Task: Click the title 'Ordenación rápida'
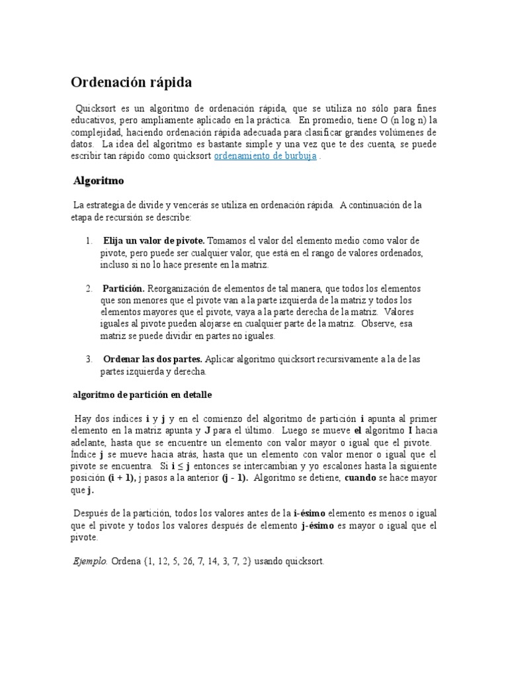[x=132, y=83]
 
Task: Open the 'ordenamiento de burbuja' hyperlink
[x=266, y=156]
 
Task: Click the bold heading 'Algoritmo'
[x=98, y=180]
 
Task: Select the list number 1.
[x=88, y=240]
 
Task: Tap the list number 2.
[x=88, y=289]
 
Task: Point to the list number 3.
[x=88, y=359]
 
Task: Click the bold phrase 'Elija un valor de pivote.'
[x=153, y=240]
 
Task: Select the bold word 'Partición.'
[x=124, y=289]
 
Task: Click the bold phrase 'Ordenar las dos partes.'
[x=153, y=359]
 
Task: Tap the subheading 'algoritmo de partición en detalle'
[x=142, y=395]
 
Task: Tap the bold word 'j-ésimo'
[x=317, y=526]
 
